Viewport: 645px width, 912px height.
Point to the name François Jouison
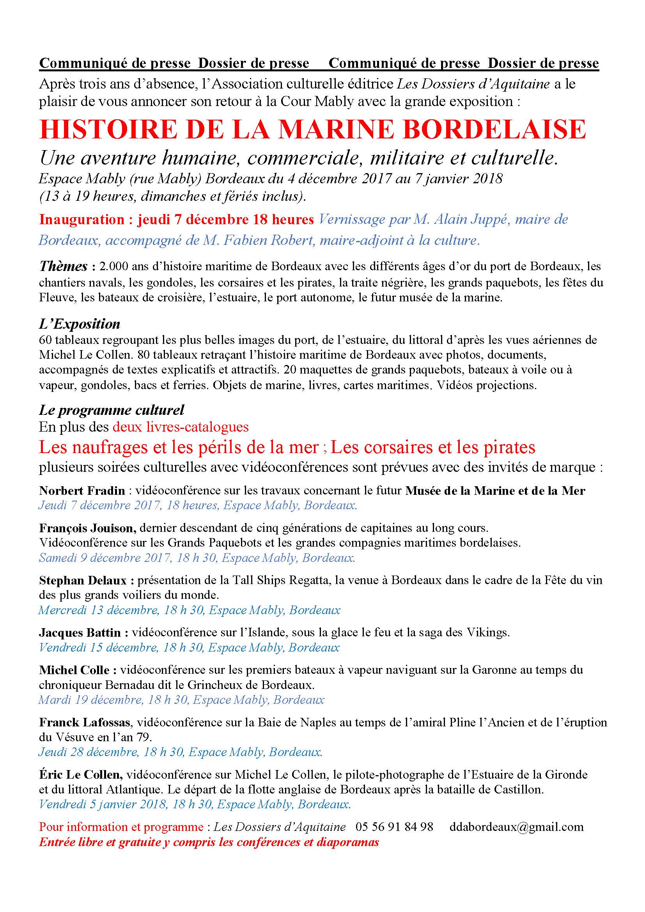pos(88,528)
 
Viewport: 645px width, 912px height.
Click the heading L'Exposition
pos(80,324)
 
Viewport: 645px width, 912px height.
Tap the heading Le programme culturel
pos(112,409)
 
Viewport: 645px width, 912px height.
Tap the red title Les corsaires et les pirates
pos(433,447)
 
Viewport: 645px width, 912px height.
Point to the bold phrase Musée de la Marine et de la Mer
pos(495,491)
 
